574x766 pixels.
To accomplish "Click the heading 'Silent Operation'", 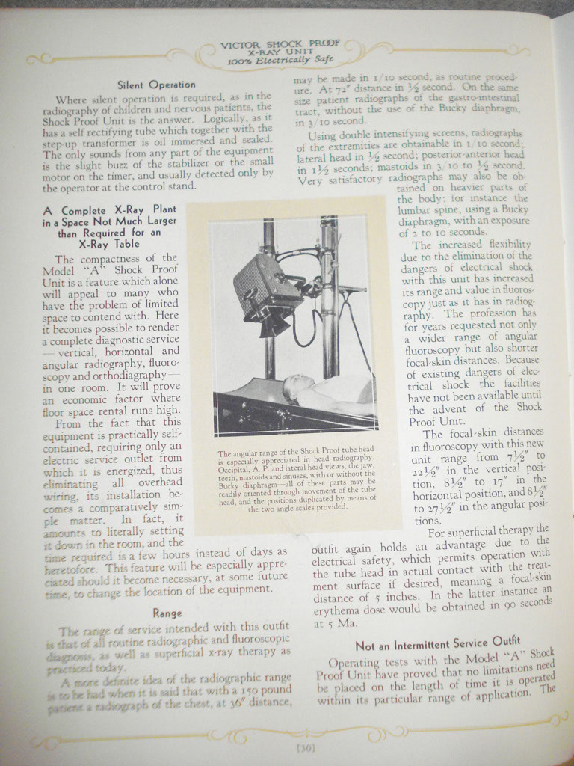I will tap(157, 85).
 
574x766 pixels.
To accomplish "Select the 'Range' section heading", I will tap(167, 613).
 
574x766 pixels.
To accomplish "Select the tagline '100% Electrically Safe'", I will tap(281, 61).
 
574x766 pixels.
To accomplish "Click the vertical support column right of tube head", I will tap(329, 299).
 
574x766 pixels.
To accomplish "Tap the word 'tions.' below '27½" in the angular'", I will tap(428, 520).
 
